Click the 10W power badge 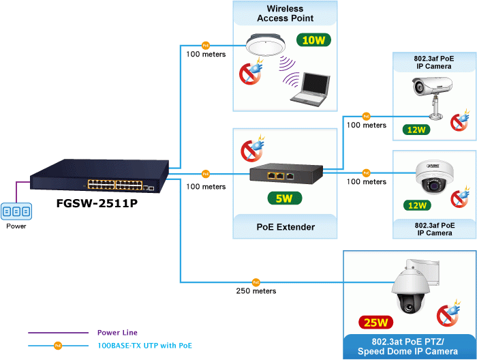313,40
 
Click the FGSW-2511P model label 92,203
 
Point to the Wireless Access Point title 285,13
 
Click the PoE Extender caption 285,227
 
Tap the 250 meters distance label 256,290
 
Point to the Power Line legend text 117,333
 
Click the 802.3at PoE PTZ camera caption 410,347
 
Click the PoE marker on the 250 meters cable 256,281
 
